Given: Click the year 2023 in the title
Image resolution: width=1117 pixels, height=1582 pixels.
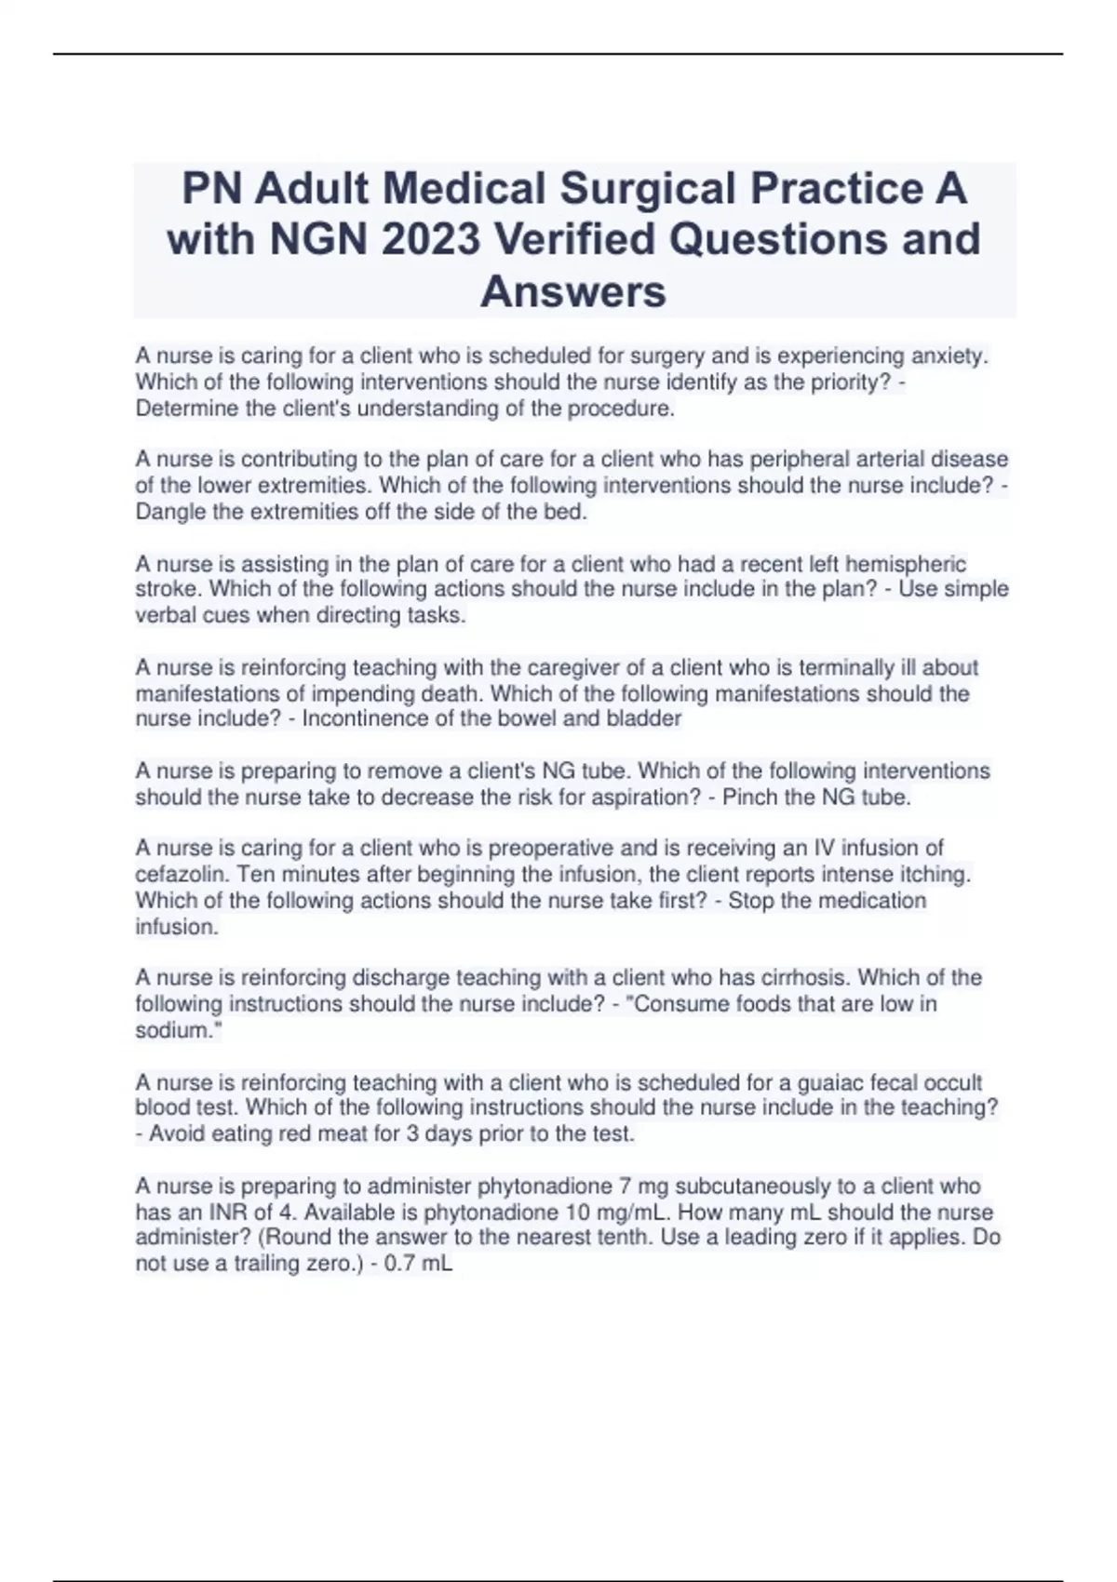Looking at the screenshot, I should [x=431, y=239].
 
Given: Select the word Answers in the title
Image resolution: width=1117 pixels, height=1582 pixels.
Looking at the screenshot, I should [x=573, y=291].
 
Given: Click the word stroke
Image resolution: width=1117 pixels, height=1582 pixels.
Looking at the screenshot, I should [x=162, y=589].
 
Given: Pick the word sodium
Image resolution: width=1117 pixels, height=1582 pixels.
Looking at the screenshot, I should [x=176, y=1030].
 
